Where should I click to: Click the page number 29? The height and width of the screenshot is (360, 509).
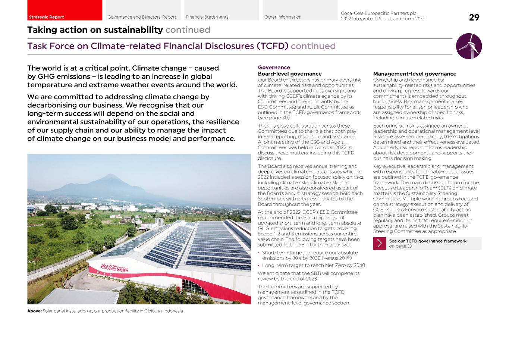pos(474,18)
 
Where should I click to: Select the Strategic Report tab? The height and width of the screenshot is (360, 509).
pos(46,17)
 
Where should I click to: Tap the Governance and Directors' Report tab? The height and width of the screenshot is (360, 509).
pos(142,17)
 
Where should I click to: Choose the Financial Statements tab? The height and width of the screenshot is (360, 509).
pos(207,17)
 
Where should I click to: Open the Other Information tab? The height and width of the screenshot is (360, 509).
pos(283,17)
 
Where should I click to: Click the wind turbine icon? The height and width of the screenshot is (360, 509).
pos(469,46)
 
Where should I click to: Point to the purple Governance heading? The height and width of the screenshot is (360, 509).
pos(274,68)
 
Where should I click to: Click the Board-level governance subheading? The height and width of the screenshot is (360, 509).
pos(289,74)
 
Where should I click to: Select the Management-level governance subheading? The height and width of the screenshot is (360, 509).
pos(415,74)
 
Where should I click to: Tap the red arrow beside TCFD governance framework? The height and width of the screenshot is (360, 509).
pos(379,244)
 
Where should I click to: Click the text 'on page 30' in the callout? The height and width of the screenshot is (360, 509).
pos(400,246)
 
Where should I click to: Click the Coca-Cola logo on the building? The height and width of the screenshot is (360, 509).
pos(109,267)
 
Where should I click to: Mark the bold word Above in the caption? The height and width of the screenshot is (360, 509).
pos(34,311)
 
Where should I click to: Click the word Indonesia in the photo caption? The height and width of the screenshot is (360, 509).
pos(173,311)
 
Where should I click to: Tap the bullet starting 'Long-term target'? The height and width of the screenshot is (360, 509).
pos(313,266)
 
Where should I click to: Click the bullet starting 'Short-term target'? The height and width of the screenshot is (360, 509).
pos(310,255)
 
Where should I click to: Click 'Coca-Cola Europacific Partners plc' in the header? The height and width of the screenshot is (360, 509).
pos(378,13)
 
